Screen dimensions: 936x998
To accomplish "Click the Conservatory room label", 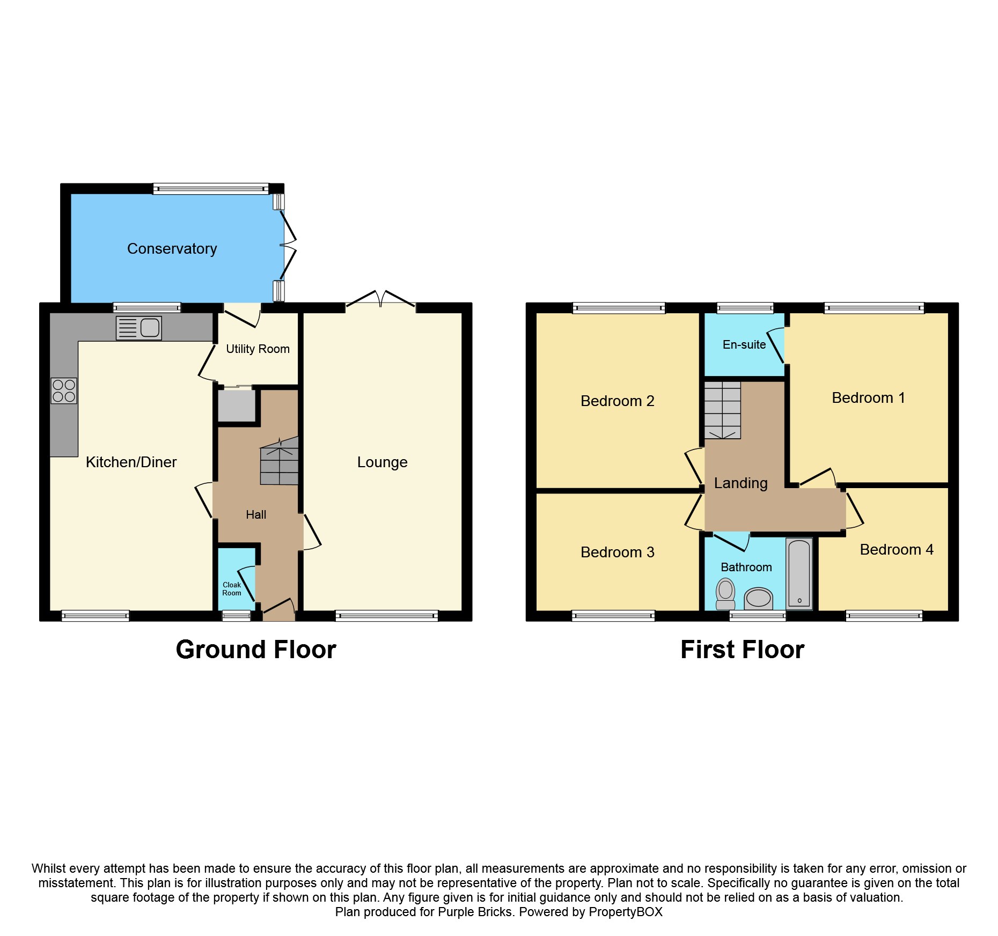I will (172, 249).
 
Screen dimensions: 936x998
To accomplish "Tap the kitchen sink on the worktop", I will (139, 328).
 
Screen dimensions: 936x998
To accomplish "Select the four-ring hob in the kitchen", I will (64, 390).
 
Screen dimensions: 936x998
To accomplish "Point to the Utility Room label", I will (258, 349).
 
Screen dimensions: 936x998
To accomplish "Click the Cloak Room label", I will (232, 589).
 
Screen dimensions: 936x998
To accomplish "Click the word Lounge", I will (382, 462).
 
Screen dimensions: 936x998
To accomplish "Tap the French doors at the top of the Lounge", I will (380, 301).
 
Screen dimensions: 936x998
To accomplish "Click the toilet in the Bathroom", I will (725, 594).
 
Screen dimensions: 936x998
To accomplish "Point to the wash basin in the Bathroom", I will (758, 598).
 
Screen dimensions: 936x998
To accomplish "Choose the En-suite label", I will (744, 345).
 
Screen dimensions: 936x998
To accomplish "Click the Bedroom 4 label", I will (896, 550).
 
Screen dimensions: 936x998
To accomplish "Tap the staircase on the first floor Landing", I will (722, 410).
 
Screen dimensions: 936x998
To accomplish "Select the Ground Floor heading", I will (255, 650).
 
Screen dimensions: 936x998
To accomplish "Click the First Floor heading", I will (742, 650).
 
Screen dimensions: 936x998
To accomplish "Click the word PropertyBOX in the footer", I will (625, 912).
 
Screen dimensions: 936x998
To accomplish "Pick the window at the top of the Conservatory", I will (210, 189).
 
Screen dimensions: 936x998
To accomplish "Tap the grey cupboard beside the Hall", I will (237, 406).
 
